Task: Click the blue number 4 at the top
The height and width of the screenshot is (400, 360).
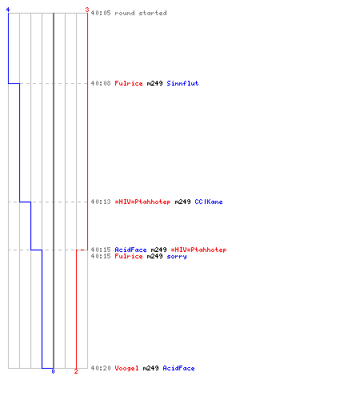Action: (x=8, y=10)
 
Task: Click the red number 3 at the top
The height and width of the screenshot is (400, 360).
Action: (x=87, y=10)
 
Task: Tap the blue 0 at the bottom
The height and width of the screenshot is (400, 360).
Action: (x=53, y=371)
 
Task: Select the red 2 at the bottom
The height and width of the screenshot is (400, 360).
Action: (x=76, y=371)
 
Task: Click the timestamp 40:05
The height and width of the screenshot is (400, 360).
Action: (x=101, y=13)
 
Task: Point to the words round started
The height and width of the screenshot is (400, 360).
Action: (x=141, y=13)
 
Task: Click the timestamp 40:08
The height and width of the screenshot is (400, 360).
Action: (x=101, y=83)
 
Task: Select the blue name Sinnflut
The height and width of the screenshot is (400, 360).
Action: (x=182, y=83)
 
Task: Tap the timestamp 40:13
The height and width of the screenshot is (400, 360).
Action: (x=101, y=202)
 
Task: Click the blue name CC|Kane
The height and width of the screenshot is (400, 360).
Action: (x=209, y=202)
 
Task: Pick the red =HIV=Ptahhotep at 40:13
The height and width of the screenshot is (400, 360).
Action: (x=142, y=202)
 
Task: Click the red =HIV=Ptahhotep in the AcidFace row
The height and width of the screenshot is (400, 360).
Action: (x=198, y=250)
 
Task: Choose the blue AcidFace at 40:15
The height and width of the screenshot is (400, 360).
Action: (x=130, y=250)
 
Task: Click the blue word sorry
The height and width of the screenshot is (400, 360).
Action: (x=177, y=257)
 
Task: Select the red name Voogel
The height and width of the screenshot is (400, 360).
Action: (x=126, y=368)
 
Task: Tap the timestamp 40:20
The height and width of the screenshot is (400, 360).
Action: (x=101, y=368)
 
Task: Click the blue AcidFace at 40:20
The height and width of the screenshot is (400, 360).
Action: (x=178, y=368)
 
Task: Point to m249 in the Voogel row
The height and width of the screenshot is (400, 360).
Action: (x=150, y=368)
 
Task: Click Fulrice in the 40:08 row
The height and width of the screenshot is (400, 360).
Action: (x=129, y=83)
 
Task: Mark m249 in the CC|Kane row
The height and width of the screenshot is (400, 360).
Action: (x=182, y=202)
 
